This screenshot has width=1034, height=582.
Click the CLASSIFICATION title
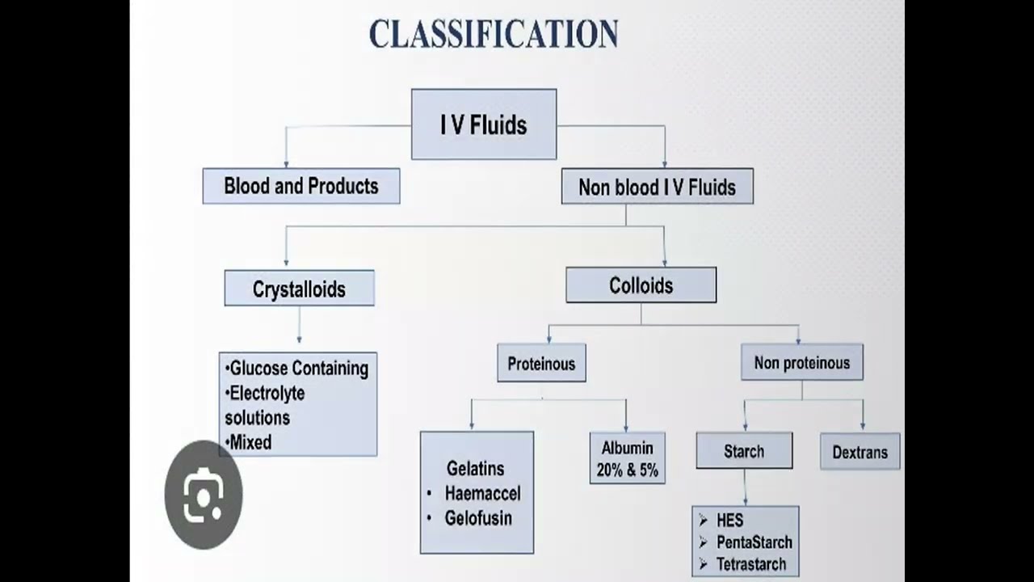coord(494,35)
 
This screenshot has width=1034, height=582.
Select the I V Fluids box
coord(483,124)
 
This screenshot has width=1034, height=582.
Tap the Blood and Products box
coord(301,186)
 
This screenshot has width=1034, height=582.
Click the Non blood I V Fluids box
coord(657,187)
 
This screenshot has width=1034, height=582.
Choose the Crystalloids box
coord(299,289)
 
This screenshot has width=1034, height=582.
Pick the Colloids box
coord(641,285)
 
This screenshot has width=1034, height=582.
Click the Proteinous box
coord(541,364)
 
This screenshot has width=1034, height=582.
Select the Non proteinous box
coord(801,363)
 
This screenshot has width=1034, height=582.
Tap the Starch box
coord(744,451)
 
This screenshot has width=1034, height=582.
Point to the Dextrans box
coord(860,452)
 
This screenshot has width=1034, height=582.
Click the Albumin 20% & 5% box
coord(627,458)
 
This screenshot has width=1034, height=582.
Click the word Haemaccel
coord(482,493)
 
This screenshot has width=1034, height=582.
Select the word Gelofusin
coord(478,518)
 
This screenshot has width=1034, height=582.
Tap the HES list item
coord(729,521)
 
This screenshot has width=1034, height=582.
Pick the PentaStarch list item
coord(754,542)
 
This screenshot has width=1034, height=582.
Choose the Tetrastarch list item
coord(750,564)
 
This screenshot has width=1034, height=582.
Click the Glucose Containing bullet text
coord(299,369)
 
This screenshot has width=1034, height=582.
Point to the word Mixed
coord(250,442)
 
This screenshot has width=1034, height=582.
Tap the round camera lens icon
coord(203,495)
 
